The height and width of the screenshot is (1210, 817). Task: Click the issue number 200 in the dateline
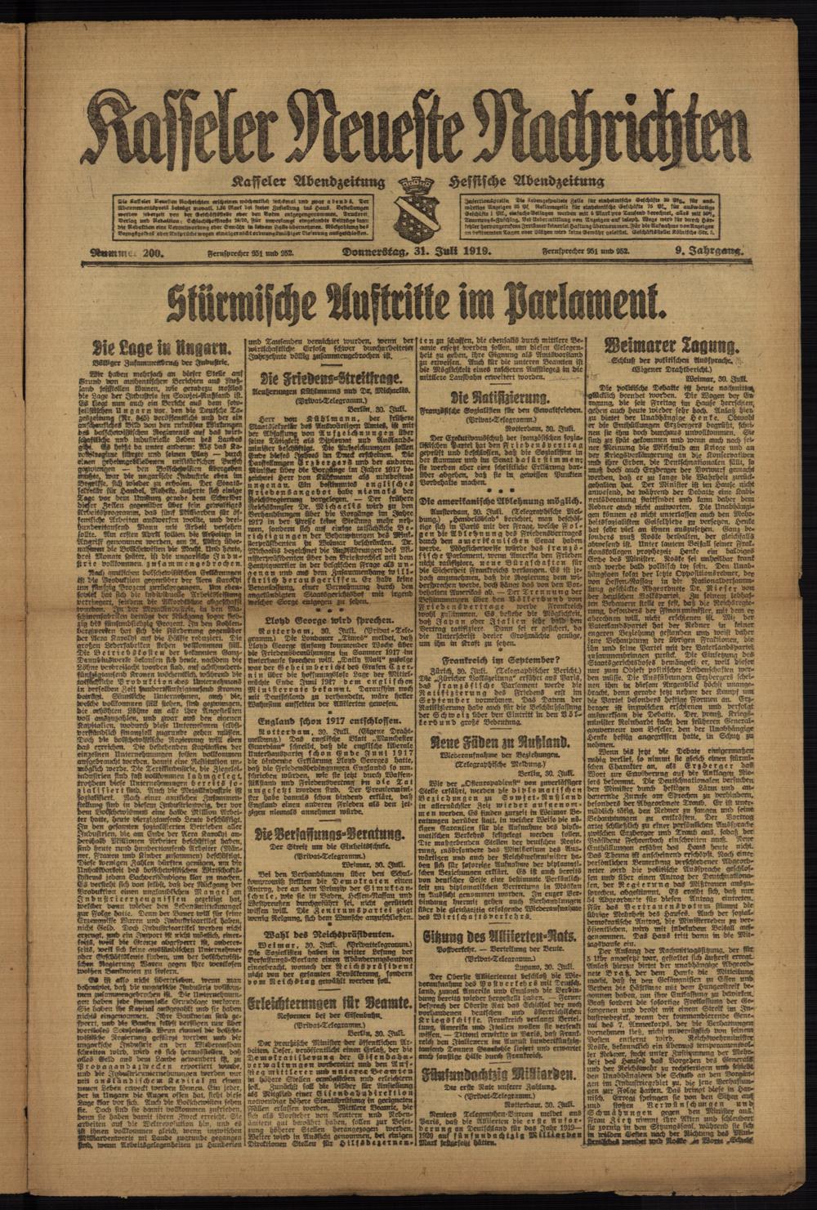click(152, 253)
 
